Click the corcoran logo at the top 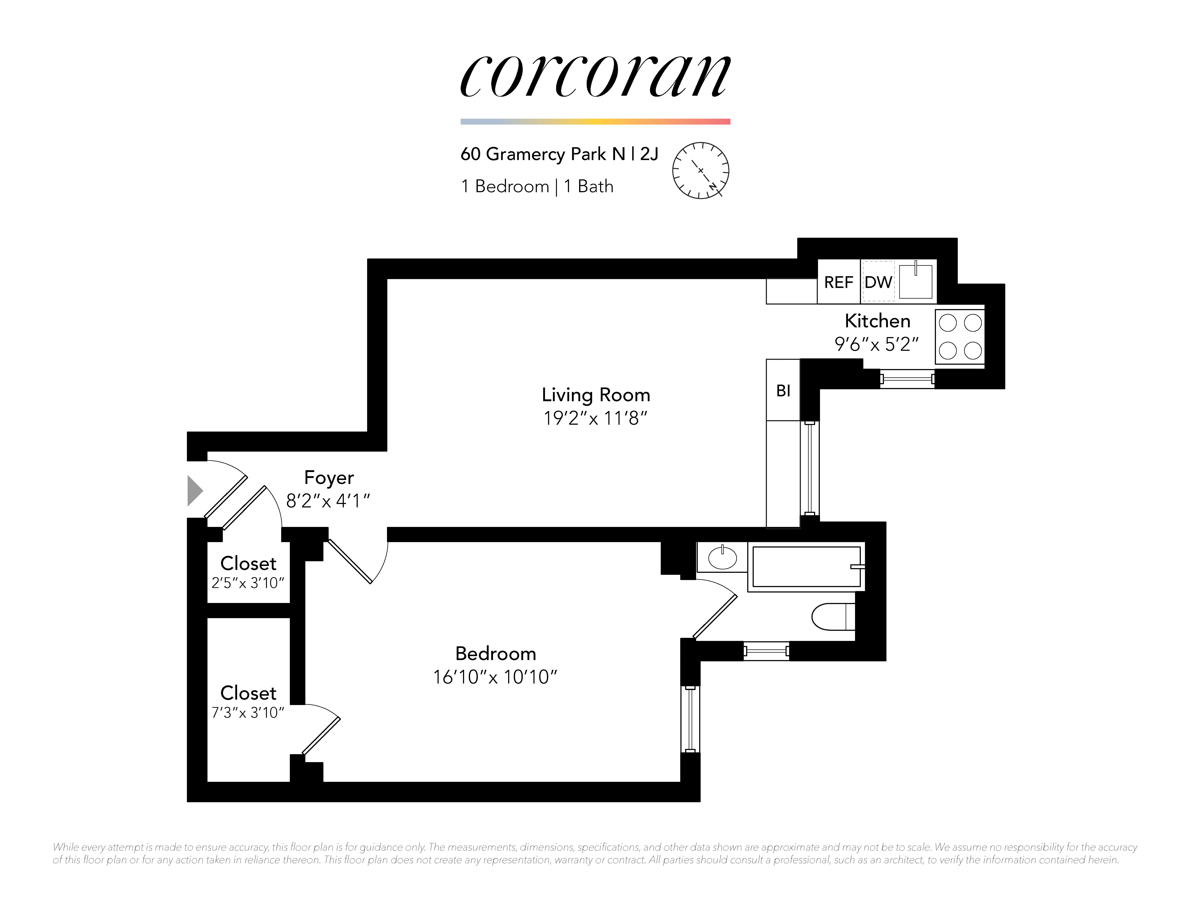(x=595, y=76)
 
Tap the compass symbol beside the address (x=701, y=171)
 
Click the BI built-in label (x=783, y=391)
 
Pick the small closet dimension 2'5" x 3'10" (x=248, y=583)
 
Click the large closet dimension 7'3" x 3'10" (x=248, y=713)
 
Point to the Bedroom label (x=495, y=654)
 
